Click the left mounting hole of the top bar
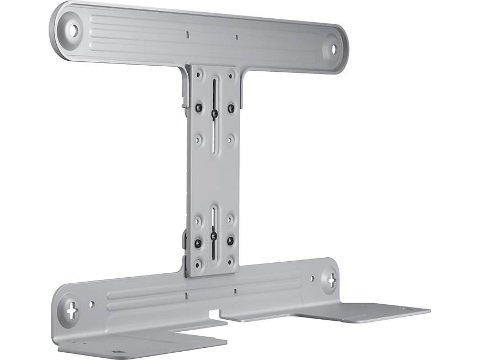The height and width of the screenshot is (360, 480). click(x=72, y=30)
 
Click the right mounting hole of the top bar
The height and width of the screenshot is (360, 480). click(x=334, y=48)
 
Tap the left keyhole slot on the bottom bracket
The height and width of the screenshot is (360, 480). click(x=72, y=310)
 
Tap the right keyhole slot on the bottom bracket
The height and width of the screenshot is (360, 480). click(x=331, y=279)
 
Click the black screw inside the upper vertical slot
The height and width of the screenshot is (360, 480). click(x=214, y=113)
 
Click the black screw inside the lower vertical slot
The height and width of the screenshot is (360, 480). click(x=213, y=236)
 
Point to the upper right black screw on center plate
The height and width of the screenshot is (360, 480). click(x=231, y=108)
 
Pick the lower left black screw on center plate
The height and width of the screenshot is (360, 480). click(x=197, y=241)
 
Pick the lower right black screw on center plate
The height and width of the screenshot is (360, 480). click(x=230, y=241)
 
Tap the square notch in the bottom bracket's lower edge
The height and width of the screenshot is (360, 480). click(x=214, y=314)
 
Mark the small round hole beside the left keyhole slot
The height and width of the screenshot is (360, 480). click(x=92, y=304)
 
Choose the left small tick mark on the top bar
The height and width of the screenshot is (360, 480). click(x=188, y=34)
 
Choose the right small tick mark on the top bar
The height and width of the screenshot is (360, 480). click(x=236, y=38)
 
